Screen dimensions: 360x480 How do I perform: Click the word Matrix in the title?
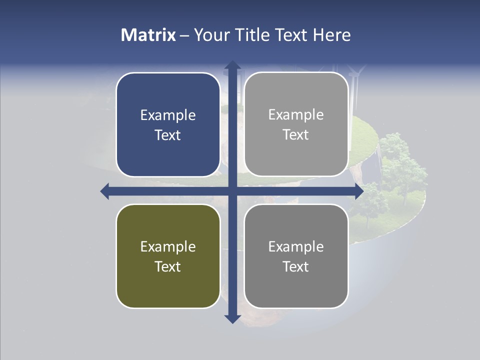(148, 35)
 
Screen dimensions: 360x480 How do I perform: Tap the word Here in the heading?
(332, 35)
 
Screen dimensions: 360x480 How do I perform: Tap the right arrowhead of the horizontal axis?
(358, 191)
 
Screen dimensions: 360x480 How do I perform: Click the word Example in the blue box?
(168, 115)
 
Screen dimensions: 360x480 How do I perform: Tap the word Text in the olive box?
(168, 266)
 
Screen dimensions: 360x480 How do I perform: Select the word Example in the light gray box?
(296, 115)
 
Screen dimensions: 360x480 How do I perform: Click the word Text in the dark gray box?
(296, 266)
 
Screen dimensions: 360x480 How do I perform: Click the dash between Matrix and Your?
(184, 35)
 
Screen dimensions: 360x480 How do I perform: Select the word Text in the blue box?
(168, 135)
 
